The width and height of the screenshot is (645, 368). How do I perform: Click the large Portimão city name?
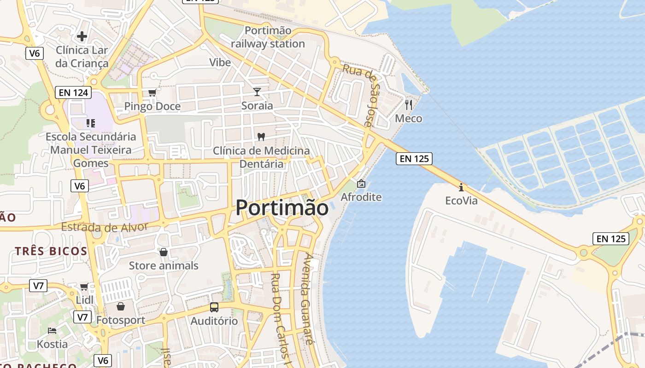[282, 208]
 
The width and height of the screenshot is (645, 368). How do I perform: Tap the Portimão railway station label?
[268, 37]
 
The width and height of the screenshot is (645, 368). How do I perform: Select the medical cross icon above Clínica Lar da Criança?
[82, 36]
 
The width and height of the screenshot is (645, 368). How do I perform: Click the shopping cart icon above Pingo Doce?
[152, 92]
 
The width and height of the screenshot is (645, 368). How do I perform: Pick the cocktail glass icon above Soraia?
[257, 92]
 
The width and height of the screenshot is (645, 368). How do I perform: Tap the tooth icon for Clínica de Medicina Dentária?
[261, 137]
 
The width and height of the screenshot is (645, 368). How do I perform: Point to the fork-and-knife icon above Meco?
[408, 104]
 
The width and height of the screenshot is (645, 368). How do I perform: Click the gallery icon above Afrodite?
[361, 184]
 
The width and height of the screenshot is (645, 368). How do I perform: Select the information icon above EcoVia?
[461, 187]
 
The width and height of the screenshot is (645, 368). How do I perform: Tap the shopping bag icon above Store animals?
[163, 252]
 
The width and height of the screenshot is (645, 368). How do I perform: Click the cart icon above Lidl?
[84, 287]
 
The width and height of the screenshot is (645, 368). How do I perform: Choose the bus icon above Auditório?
[214, 307]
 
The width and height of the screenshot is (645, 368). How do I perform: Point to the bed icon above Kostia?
[52, 330]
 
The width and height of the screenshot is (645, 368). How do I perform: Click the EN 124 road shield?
[74, 92]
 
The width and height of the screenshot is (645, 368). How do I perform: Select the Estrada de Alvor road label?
[104, 227]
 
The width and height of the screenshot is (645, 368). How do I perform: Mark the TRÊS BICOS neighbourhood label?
[51, 251]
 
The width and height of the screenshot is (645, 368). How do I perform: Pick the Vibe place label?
[220, 62]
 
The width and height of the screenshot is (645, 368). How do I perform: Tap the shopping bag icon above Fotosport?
[121, 306]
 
